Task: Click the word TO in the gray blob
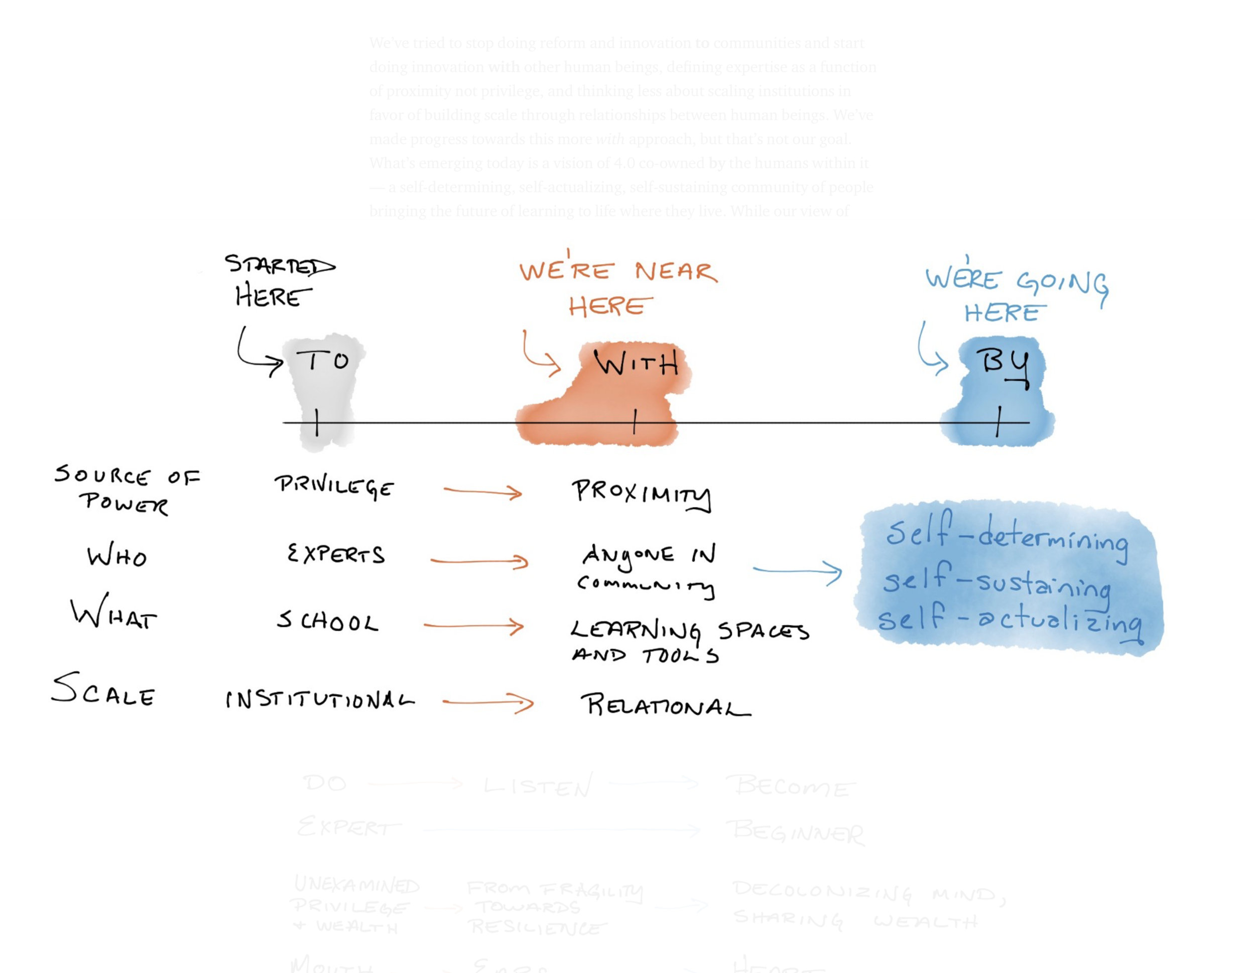(322, 361)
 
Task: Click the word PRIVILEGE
(334, 487)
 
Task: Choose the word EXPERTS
(336, 555)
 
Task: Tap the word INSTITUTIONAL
(319, 699)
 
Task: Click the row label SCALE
(103, 690)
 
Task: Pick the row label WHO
(116, 556)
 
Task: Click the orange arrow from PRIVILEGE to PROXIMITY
(483, 492)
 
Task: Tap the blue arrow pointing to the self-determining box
(798, 571)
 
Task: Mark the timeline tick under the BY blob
(998, 421)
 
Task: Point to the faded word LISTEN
(537, 786)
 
